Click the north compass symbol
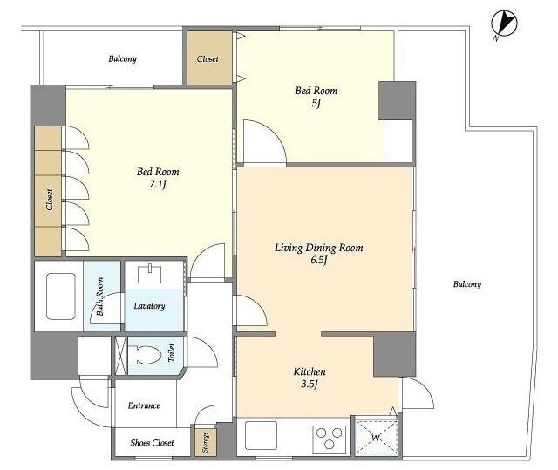click(x=504, y=24)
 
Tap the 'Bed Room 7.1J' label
click(x=158, y=178)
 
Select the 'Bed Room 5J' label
click(x=316, y=97)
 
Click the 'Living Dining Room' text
click(x=319, y=248)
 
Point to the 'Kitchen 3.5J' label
click(x=310, y=378)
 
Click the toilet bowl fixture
click(x=145, y=355)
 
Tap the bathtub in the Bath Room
click(x=61, y=296)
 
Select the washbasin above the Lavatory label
click(x=150, y=273)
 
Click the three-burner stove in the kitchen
click(x=330, y=437)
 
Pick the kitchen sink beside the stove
click(x=262, y=435)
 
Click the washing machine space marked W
click(x=377, y=437)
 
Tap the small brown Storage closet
click(x=206, y=441)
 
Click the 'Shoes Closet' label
click(x=152, y=443)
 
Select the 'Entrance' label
click(x=144, y=405)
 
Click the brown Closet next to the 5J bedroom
click(x=209, y=58)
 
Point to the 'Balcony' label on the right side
click(x=467, y=284)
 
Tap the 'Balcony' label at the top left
click(x=122, y=58)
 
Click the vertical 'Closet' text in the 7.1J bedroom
click(x=50, y=199)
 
